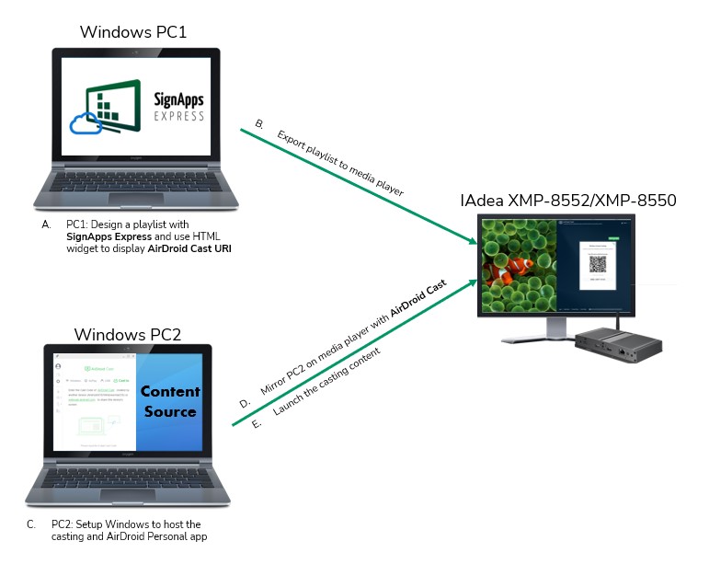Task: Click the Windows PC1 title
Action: point(133,32)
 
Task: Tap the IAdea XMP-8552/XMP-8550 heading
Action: point(569,199)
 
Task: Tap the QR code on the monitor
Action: point(599,261)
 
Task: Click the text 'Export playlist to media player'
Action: point(340,162)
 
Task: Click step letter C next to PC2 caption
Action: point(31,524)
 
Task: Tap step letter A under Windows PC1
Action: point(46,224)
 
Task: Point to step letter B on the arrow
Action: point(259,123)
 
